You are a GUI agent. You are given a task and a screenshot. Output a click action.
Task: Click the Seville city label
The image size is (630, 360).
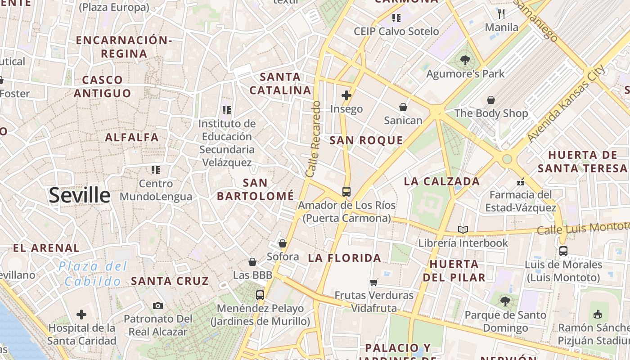[x=80, y=195]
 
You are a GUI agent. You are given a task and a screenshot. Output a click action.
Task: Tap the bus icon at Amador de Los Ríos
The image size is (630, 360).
[x=346, y=192]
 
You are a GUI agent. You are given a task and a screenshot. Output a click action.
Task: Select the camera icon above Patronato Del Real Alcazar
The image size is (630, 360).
[x=157, y=306]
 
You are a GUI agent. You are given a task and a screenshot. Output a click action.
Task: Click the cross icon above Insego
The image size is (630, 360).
[x=346, y=95]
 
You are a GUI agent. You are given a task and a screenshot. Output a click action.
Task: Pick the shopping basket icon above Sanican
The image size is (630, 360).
[x=403, y=107]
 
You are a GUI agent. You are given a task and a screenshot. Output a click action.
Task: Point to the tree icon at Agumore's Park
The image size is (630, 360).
[x=465, y=60]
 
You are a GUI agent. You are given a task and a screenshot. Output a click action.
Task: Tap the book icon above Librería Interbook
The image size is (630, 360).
[x=463, y=230]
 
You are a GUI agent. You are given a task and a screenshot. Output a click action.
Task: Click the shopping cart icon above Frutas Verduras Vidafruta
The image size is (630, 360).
[x=373, y=282]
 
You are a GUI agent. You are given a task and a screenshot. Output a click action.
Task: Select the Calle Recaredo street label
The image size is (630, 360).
[x=313, y=139]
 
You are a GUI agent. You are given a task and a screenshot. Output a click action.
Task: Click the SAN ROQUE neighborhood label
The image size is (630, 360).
[x=366, y=140]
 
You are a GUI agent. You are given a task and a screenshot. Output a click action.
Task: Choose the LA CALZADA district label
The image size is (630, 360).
[x=442, y=182]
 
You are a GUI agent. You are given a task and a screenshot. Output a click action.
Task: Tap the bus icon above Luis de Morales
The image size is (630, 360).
[x=563, y=251]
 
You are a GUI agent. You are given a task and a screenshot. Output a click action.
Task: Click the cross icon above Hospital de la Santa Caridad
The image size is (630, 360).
[x=81, y=314]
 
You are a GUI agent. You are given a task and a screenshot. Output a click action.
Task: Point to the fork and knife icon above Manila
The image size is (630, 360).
[x=502, y=13]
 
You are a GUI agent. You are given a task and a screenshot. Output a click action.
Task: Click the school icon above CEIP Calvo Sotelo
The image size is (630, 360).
[x=396, y=18]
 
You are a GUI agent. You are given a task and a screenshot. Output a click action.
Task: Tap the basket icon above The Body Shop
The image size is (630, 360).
[x=491, y=99]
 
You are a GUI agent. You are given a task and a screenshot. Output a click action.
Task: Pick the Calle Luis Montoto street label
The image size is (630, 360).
[x=583, y=228]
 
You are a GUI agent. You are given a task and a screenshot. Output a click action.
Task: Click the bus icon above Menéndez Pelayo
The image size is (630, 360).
[x=260, y=295]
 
